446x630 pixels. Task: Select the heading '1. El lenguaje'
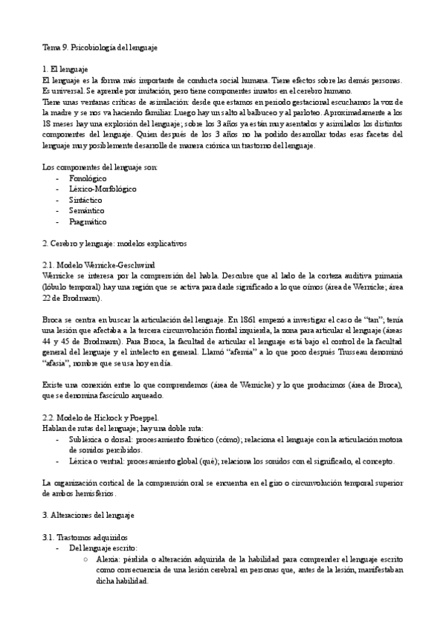tap(65, 68)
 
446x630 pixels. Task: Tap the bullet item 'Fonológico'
tap(87, 178)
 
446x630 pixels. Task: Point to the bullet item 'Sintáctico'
tap(85, 200)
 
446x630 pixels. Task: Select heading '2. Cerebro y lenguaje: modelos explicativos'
tap(114, 243)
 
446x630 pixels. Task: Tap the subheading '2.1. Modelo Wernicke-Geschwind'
tap(94, 264)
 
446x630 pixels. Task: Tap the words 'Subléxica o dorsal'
tap(101, 438)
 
